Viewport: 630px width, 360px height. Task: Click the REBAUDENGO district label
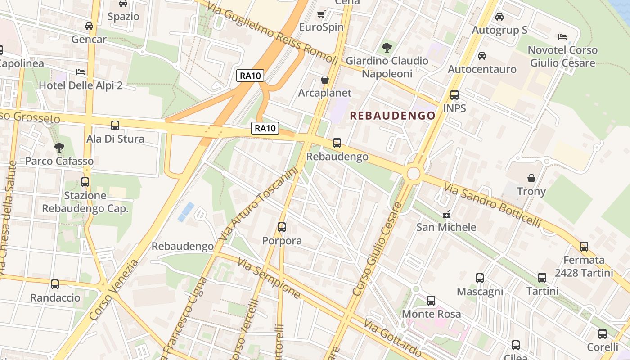393,116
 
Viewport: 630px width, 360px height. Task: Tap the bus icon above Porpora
282,227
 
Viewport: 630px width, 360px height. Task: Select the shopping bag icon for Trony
531,178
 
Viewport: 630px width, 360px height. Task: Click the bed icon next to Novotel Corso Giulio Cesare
562,36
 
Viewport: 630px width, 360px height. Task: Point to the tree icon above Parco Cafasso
59,147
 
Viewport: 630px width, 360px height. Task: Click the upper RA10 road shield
250,76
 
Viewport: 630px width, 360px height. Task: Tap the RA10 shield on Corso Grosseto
265,129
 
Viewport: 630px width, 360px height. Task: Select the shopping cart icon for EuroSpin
321,14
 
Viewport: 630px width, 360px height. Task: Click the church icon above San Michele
446,214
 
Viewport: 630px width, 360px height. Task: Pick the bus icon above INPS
454,95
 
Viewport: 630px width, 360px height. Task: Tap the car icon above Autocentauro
482,56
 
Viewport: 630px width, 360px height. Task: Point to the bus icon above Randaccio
55,284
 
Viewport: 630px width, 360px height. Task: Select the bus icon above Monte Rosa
431,300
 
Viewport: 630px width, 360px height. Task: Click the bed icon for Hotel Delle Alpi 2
81,72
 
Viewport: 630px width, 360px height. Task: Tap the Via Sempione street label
269,278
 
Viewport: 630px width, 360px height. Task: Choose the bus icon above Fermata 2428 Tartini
584,247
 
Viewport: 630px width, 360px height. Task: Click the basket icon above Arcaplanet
325,80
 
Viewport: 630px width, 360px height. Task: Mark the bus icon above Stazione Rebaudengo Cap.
85,182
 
